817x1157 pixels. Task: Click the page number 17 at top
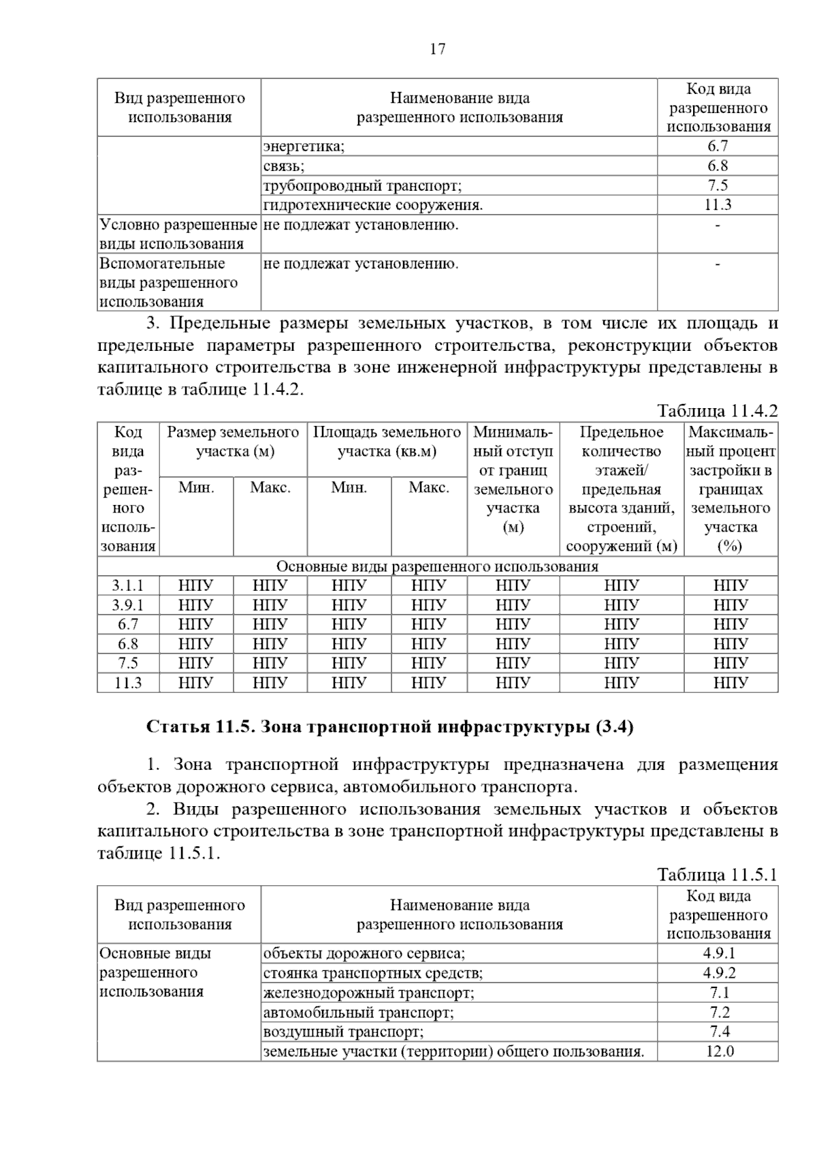[x=437, y=49]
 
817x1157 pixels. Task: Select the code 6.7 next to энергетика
[x=718, y=146]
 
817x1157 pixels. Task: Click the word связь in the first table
[x=284, y=166]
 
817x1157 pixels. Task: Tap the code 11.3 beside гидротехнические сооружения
[x=718, y=205]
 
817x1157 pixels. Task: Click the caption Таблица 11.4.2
[x=717, y=411]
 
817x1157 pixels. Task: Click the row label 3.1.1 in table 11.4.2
[x=128, y=585]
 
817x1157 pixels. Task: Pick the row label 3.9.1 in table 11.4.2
[x=128, y=605]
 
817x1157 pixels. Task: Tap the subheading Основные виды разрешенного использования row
[x=437, y=566]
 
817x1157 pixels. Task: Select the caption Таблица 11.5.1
[x=717, y=875]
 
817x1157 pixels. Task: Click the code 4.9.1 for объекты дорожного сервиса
[x=719, y=953]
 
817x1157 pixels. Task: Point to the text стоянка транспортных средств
[x=373, y=973]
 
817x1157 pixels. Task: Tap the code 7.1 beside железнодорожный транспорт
[x=719, y=993]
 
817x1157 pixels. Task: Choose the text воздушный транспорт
[x=343, y=1032]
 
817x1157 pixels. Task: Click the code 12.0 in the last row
[x=719, y=1051]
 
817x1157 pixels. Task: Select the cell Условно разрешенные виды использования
[x=178, y=234]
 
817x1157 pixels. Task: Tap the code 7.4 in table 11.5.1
[x=719, y=1032]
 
